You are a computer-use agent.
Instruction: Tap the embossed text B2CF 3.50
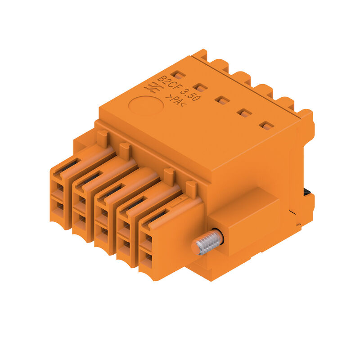coord(179,88)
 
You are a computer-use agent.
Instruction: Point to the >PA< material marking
coord(176,100)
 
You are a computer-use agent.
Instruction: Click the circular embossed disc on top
coord(146,106)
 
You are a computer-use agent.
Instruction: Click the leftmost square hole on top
coord(178,75)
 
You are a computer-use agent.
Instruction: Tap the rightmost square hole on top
coord(266,126)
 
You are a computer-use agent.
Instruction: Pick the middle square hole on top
coord(222,100)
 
